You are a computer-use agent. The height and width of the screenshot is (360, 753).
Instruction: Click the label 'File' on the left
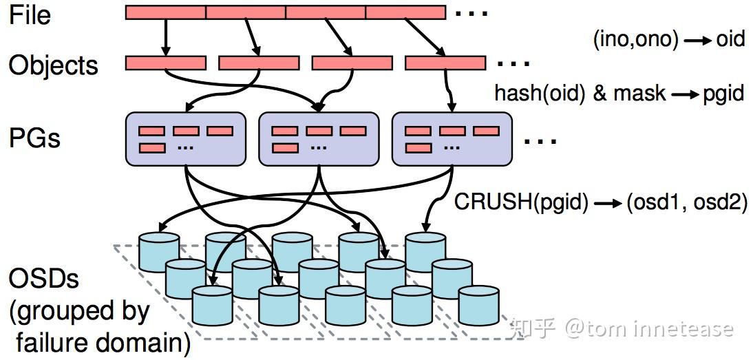[x=30, y=14]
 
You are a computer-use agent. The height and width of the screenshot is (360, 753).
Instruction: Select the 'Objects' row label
[x=53, y=65]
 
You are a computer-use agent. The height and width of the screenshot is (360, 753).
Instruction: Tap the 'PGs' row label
[x=34, y=138]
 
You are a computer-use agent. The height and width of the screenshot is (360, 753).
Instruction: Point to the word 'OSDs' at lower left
[x=43, y=279]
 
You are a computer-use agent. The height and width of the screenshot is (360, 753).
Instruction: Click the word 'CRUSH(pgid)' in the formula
[x=521, y=203]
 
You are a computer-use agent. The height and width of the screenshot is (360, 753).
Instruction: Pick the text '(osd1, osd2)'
[x=686, y=203]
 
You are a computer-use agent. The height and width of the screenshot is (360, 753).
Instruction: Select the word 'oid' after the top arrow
[x=730, y=39]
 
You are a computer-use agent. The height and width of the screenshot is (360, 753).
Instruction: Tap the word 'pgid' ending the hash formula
[x=723, y=93]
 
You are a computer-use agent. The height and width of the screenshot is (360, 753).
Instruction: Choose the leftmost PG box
[x=186, y=138]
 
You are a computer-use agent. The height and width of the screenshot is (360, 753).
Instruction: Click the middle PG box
[x=319, y=138]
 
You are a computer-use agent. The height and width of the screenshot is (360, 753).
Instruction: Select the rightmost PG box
[x=452, y=138]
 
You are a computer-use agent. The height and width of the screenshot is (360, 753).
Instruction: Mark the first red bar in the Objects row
[x=165, y=63]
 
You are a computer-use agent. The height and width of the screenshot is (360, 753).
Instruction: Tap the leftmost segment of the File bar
[x=165, y=12]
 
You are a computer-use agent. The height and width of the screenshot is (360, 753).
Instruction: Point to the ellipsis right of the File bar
[x=471, y=12]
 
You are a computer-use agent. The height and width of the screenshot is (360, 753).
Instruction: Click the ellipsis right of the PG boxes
[x=540, y=141]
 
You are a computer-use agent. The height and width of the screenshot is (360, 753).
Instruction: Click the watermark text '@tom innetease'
[x=648, y=328]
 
